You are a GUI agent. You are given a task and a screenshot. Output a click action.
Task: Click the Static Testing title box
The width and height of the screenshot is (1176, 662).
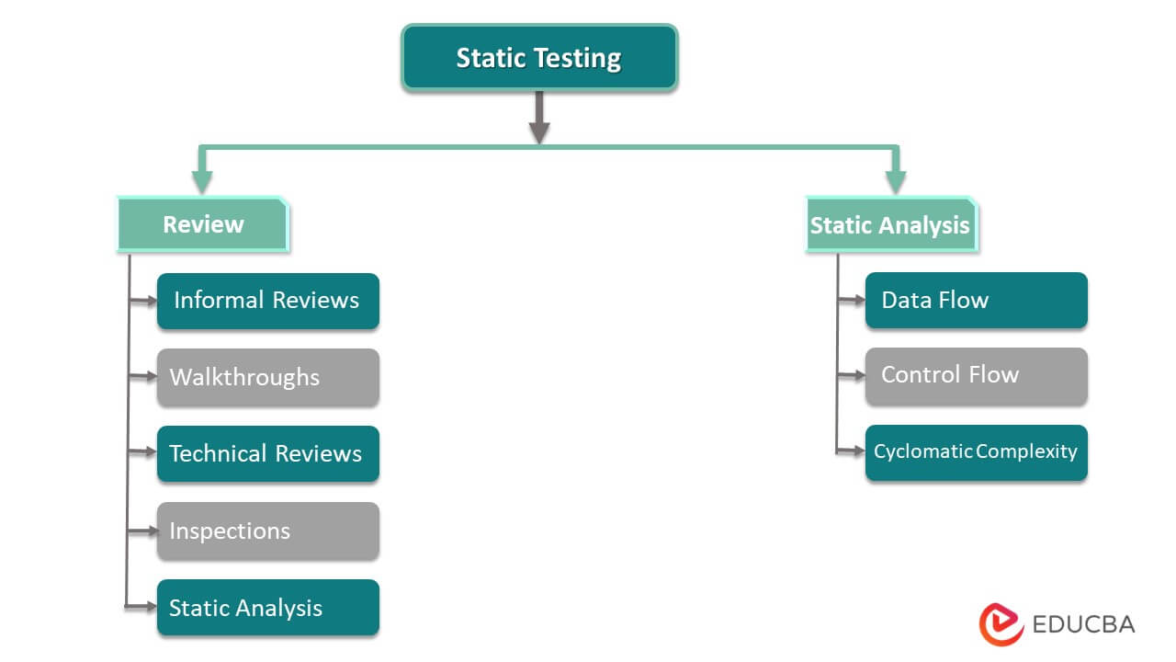[539, 58]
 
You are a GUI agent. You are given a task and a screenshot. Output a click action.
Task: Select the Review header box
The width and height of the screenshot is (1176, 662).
[203, 224]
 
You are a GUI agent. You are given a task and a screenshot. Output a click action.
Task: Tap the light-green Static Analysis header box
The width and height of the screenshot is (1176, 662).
[890, 224]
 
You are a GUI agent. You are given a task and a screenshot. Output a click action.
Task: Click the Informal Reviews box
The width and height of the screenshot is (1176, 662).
[267, 301]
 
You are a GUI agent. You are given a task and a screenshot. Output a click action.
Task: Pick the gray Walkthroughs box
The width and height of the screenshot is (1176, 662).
[267, 377]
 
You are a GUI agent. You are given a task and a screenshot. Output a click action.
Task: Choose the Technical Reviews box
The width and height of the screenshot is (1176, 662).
[267, 453]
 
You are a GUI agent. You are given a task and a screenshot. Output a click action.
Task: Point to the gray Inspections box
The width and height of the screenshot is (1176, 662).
[267, 531]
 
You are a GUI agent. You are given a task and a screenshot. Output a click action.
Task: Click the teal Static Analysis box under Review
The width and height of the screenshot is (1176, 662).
[267, 608]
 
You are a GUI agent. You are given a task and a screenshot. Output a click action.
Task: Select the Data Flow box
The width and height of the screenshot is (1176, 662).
[976, 301]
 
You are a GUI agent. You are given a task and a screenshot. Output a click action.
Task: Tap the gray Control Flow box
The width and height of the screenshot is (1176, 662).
[976, 375]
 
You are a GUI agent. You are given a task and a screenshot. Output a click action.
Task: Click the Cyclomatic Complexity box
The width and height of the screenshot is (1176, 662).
[976, 451]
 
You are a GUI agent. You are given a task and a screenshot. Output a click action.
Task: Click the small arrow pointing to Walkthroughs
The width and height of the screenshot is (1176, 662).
[144, 377]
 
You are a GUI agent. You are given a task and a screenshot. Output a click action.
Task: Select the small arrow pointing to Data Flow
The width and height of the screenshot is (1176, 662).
[853, 301]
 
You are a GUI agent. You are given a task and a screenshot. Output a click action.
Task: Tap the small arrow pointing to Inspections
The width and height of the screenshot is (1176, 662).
[144, 531]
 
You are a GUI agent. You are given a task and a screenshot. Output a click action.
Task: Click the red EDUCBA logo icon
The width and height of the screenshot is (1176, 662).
[1001, 624]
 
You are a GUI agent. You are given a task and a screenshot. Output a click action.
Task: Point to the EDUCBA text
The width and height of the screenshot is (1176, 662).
[1083, 624]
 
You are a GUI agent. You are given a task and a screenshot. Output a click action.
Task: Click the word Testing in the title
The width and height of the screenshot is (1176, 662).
[578, 58]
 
